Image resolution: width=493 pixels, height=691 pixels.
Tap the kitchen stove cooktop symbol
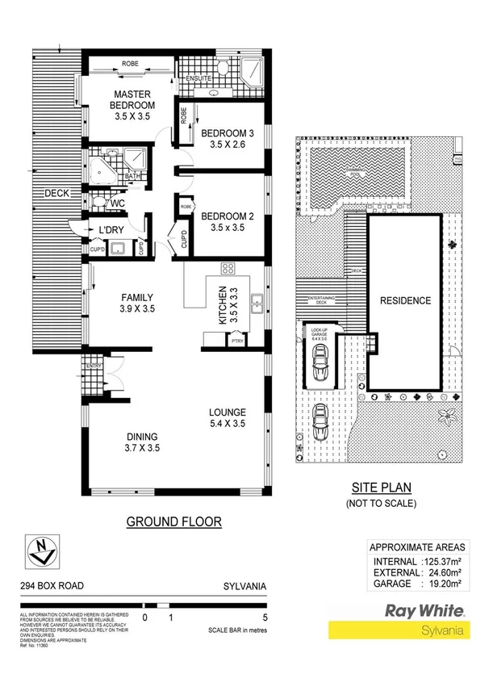tap(228, 270)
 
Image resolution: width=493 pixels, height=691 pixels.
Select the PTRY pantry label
tap(237, 341)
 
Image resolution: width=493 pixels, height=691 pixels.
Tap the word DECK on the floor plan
tap(57, 193)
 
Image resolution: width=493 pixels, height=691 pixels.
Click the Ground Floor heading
tap(173, 521)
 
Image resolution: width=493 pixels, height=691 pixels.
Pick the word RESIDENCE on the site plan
tap(405, 301)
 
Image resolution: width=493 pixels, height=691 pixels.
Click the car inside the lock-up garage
tap(320, 363)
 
